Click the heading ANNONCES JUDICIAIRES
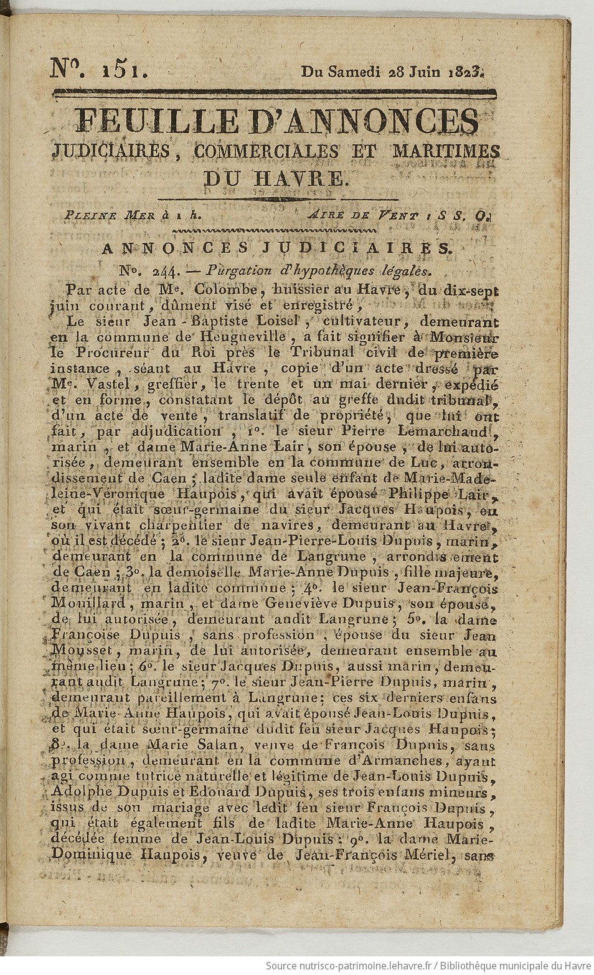point(275,248)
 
